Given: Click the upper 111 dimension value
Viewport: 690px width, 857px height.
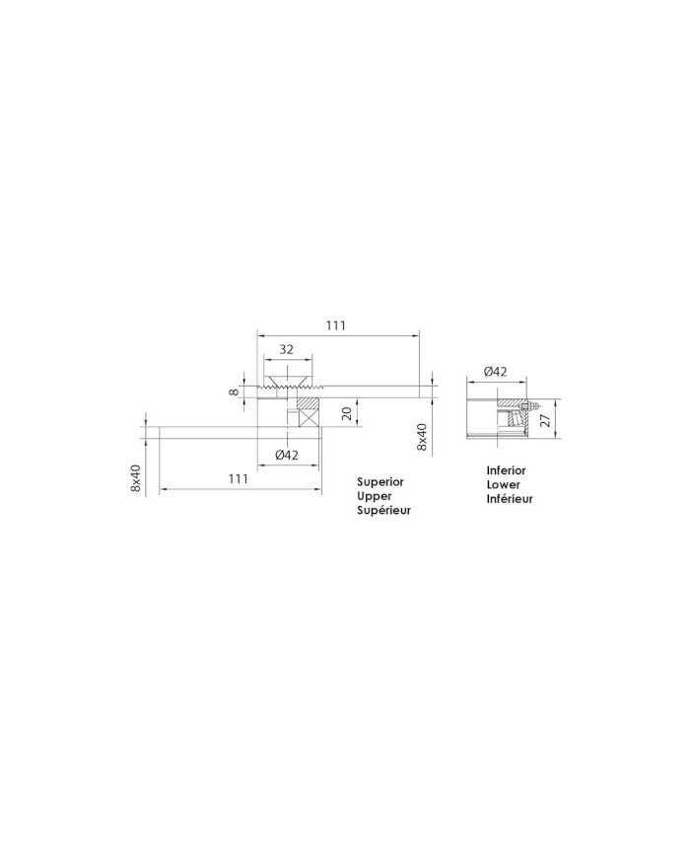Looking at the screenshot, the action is (x=336, y=325).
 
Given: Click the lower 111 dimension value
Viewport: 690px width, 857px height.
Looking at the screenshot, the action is (x=239, y=478).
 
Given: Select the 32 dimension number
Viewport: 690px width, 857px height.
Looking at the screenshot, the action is (x=286, y=349).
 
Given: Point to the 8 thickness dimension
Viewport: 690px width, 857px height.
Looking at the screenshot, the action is (x=235, y=392).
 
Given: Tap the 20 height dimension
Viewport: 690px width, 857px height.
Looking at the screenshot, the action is (x=346, y=412).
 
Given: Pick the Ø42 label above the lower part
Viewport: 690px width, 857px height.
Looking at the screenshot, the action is (x=496, y=372).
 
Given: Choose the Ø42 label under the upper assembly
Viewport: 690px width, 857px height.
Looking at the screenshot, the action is (x=287, y=455).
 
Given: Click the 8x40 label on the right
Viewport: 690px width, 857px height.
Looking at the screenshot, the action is (x=421, y=436).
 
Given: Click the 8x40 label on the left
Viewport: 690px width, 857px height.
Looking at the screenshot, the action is (x=136, y=477).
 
